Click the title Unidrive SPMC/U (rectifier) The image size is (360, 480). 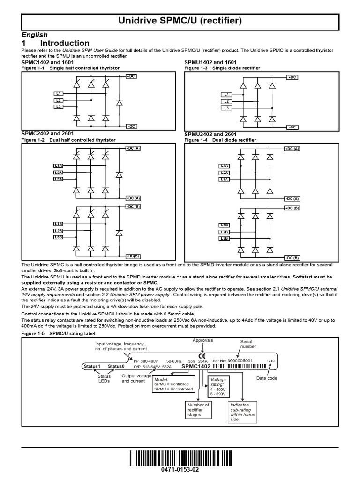click(180, 21)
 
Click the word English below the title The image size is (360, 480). click(35, 35)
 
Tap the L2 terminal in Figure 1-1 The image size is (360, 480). click(58, 100)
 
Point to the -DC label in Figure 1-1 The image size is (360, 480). click(131, 126)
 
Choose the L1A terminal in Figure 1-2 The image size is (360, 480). click(58, 166)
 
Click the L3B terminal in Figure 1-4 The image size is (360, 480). click(224, 239)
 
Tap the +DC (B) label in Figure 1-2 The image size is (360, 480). click(133, 206)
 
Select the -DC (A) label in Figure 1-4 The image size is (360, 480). click(292, 199)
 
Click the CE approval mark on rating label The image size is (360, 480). click(202, 355)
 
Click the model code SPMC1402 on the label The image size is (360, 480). click(196, 366)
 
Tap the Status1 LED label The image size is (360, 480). click(92, 366)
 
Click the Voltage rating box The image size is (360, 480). click(218, 385)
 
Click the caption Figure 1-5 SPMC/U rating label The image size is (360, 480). click(59, 334)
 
